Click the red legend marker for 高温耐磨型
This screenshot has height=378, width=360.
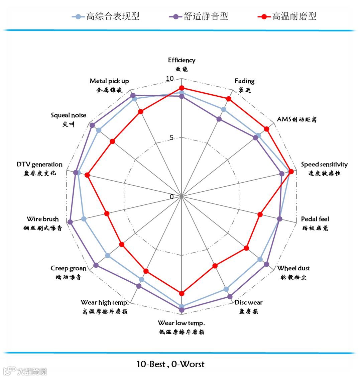(x=265, y=16)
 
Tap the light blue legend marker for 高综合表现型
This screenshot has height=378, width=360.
(x=79, y=16)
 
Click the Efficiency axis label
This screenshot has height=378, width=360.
(x=182, y=61)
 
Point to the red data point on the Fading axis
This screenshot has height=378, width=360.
(x=229, y=99)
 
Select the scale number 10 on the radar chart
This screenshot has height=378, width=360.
(x=170, y=79)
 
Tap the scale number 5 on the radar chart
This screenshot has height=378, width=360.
(x=172, y=138)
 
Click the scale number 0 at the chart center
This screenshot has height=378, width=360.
(x=172, y=197)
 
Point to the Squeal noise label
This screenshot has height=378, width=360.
(x=69, y=115)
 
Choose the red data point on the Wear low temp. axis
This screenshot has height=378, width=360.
(x=182, y=293)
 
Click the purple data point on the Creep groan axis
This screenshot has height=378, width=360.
(x=96, y=265)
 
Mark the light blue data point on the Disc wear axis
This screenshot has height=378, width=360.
(x=226, y=289)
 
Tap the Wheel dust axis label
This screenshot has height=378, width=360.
(x=293, y=268)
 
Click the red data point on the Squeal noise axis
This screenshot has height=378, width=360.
(x=113, y=141)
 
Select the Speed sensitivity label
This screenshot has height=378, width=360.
(x=324, y=165)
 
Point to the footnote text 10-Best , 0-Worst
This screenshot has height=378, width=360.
(x=170, y=364)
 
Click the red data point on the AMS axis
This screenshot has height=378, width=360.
(x=266, y=129)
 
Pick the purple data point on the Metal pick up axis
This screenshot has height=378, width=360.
(x=133, y=95)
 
